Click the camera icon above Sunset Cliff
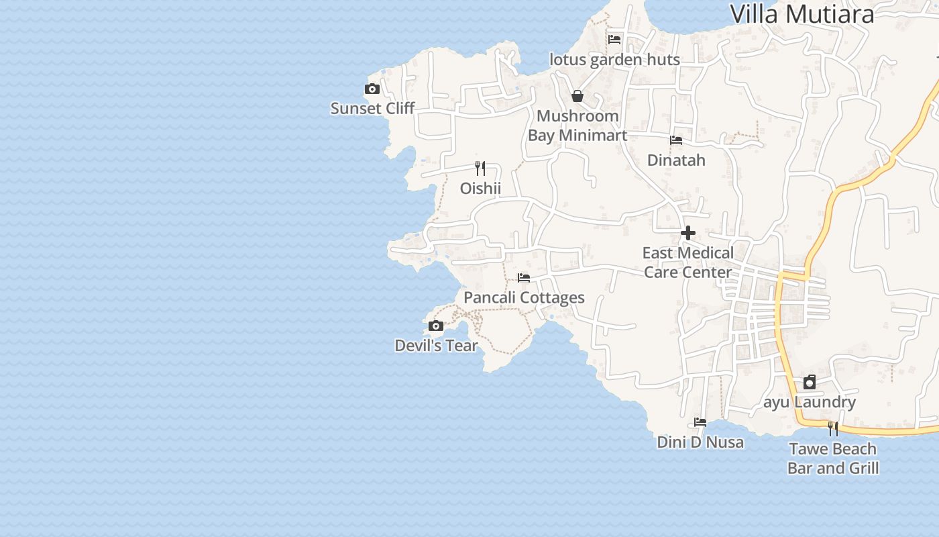pos(372,89)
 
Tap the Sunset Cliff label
pos(372,108)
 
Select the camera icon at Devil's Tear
pos(436,326)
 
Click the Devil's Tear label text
pos(436,346)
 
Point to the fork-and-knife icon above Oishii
pos(480,168)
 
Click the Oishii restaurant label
pos(480,189)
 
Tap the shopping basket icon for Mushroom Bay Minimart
pos(577,96)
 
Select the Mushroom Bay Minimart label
pos(577,126)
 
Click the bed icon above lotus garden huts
pos(614,40)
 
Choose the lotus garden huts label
pos(614,60)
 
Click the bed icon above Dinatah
pos(676,140)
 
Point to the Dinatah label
pos(676,160)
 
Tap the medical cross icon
pos(688,233)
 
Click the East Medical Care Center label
pos(688,262)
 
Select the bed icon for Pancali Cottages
pos(524,278)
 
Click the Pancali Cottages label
pos(524,297)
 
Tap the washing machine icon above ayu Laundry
pos(810,382)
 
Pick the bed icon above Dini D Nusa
pos(700,422)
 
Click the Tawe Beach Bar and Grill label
pos(833,458)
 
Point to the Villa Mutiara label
pos(802,14)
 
